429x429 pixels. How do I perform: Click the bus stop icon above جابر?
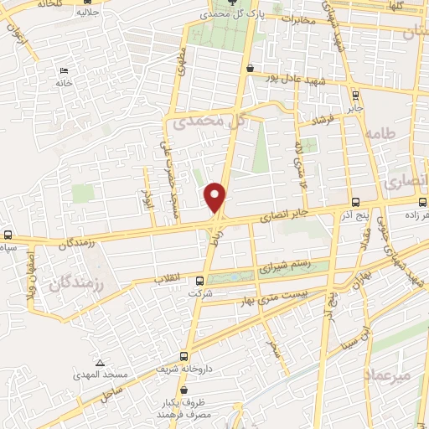tap(355, 95)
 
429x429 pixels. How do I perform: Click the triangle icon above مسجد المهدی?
tap(101, 363)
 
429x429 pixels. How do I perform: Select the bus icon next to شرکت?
tap(199, 282)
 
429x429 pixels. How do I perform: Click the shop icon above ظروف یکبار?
tap(183, 390)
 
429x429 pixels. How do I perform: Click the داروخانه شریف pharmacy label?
tap(181, 369)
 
